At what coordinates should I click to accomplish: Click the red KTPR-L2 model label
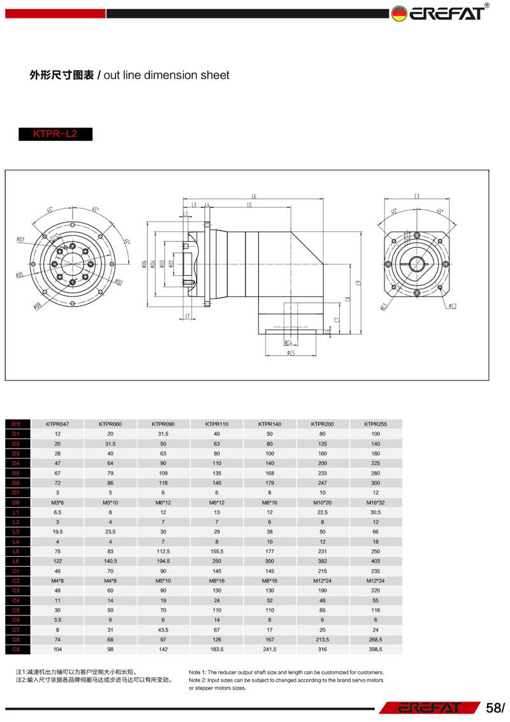(x=55, y=134)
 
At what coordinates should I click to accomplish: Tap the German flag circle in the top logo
(x=399, y=13)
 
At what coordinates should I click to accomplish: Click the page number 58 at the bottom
(x=493, y=708)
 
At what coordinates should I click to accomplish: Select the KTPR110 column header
(x=217, y=424)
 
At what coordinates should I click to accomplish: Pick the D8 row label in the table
(x=17, y=503)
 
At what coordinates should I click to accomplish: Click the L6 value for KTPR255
(x=375, y=561)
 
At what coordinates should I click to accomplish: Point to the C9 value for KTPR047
(x=57, y=649)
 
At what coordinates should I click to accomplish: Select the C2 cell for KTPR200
(x=323, y=581)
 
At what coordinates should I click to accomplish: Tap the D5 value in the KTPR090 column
(x=163, y=473)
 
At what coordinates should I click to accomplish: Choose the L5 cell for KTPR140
(x=270, y=551)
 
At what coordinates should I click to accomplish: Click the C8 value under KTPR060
(x=110, y=640)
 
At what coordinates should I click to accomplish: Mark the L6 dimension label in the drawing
(x=253, y=196)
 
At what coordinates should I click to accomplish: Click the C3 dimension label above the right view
(x=416, y=197)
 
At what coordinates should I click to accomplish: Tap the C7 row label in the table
(x=17, y=630)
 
